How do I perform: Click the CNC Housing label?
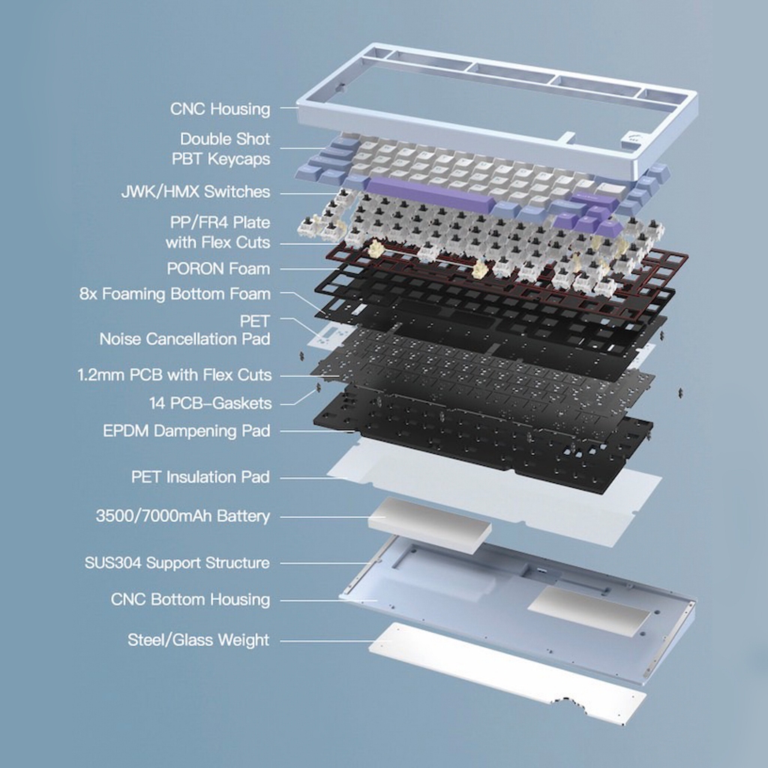[220, 109]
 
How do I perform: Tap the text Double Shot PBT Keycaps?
[221, 149]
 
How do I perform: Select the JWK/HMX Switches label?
[196, 191]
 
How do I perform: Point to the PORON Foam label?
[218, 268]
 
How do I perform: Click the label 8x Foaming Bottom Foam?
[175, 294]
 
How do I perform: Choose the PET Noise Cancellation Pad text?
[184, 330]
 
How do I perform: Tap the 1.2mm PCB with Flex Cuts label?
[174, 375]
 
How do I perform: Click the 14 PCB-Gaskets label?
[210, 403]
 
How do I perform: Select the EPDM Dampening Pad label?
[187, 431]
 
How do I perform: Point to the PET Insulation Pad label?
[200, 477]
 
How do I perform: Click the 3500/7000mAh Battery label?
[183, 516]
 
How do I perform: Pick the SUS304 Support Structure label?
[177, 562]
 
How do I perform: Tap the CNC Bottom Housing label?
[190, 599]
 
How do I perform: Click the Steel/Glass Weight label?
[198, 640]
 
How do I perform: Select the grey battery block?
[430, 524]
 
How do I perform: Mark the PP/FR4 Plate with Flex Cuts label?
[218, 232]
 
